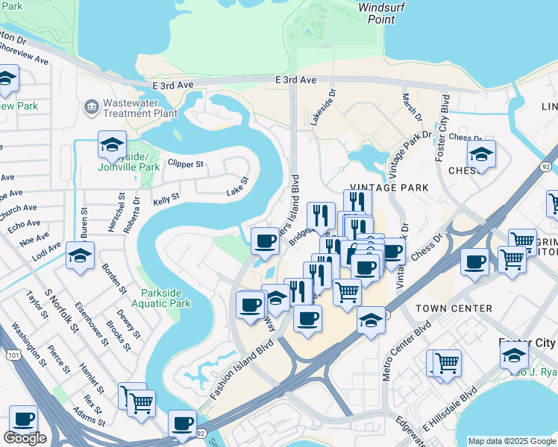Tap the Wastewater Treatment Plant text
[140, 108]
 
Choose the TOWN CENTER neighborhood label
[454, 308]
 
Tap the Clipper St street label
[186, 163]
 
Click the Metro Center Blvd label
[398, 351]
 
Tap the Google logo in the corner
[25, 438]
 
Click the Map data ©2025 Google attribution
[511, 441]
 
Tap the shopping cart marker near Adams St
[140, 402]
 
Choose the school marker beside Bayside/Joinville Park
[112, 145]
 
